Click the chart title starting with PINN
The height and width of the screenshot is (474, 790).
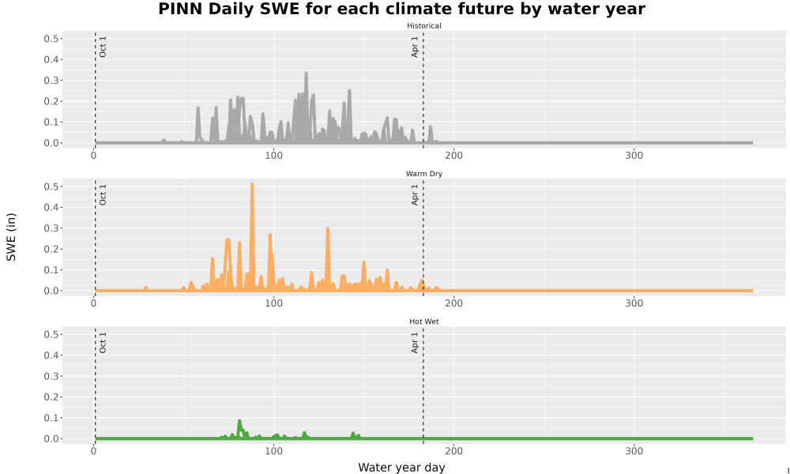[401, 9]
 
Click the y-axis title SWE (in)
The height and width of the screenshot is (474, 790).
[11, 237]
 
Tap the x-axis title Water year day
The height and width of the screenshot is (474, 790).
[401, 468]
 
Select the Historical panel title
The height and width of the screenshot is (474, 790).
[423, 26]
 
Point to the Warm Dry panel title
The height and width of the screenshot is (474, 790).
[423, 174]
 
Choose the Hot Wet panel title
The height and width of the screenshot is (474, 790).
[423, 322]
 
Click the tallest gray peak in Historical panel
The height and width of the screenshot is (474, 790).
[306, 73]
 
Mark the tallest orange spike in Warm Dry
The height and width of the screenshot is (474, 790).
[252, 184]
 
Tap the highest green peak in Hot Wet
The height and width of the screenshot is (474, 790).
[239, 421]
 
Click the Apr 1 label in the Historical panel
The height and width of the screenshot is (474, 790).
[415, 47]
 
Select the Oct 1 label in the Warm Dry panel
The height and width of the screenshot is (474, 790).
[103, 194]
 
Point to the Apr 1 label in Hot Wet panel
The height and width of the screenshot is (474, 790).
[415, 342]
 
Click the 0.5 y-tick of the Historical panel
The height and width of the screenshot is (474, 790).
[51, 39]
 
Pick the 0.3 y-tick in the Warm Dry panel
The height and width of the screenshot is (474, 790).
[51, 228]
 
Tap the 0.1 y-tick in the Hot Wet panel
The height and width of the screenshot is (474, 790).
[51, 418]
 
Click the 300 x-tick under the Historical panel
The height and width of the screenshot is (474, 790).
[634, 156]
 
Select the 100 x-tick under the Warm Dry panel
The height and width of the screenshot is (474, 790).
[273, 303]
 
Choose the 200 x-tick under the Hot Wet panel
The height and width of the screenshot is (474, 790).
[454, 451]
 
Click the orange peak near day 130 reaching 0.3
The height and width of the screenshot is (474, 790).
[328, 230]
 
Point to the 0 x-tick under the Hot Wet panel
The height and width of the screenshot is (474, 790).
[94, 451]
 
